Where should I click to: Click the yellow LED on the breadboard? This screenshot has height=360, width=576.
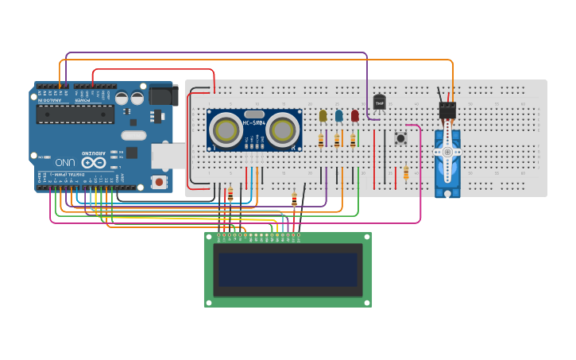tap(323, 116)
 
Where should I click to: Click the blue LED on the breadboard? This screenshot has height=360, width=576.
tap(338, 116)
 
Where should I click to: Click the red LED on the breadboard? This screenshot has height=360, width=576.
tap(354, 116)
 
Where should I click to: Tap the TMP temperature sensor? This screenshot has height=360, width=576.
tap(379, 103)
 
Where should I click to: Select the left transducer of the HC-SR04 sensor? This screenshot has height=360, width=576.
tap(226, 130)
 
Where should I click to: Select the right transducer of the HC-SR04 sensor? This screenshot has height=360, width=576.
tap(282, 130)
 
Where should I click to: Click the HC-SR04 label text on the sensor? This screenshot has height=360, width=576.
tap(254, 123)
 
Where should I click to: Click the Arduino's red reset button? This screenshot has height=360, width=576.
tap(160, 182)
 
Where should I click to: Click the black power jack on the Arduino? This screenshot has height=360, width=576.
tap(164, 95)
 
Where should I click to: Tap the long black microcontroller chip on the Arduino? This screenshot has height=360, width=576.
tap(75, 115)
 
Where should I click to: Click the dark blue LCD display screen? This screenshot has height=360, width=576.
tap(288, 269)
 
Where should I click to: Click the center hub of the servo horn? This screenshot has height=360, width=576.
tap(447, 152)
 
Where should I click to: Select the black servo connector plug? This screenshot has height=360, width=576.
tap(448, 110)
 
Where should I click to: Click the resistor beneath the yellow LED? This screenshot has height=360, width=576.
tap(321, 141)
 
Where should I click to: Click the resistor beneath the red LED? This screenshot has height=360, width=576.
tap(353, 141)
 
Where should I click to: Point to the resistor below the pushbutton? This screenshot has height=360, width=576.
tap(406, 172)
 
